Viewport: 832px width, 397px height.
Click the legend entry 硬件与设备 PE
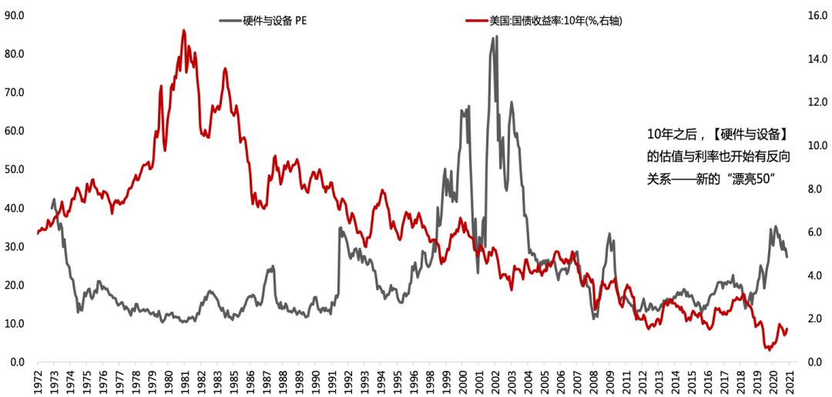263,21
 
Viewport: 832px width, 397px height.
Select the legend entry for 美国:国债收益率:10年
544,21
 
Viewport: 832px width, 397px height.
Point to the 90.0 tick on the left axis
14,15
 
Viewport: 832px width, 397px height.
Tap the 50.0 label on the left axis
14,169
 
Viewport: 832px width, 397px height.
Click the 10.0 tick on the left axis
14,324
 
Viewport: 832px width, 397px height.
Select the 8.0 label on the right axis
814,189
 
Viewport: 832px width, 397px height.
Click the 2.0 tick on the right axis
814,319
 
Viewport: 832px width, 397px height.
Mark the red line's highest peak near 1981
183,30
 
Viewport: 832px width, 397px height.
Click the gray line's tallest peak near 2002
497,37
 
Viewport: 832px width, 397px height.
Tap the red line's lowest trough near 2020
770,350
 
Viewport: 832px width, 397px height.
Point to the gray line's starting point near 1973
52,209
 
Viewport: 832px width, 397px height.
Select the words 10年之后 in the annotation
670,134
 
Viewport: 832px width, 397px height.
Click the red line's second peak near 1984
225,68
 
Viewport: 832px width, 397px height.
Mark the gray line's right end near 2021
787,256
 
